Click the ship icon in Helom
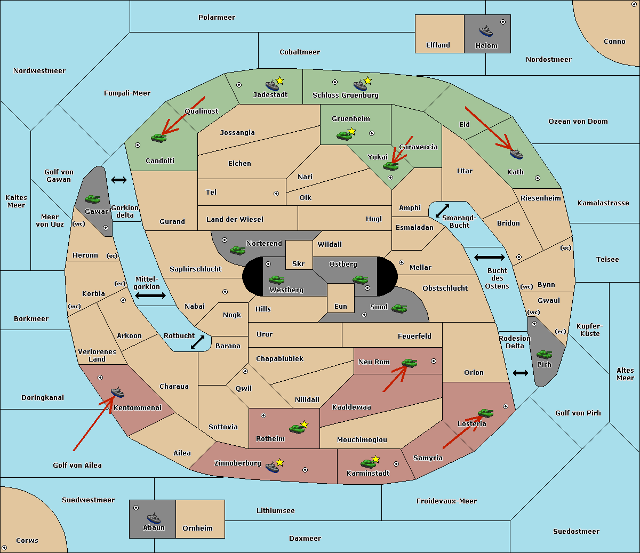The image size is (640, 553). [x=486, y=30]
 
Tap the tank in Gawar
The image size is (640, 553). [x=92, y=199]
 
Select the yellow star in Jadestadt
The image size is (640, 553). [x=279, y=81]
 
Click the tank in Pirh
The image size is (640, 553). [x=544, y=354]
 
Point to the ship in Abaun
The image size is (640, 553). [x=154, y=518]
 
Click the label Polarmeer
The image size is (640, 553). [x=217, y=18]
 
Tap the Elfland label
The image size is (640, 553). [x=438, y=45]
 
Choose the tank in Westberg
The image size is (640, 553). [x=276, y=279]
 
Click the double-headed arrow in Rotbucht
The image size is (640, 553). [x=197, y=342]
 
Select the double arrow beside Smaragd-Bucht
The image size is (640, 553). [x=442, y=211]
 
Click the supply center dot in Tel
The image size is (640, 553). [x=276, y=194]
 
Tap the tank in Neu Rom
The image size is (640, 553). [x=409, y=363]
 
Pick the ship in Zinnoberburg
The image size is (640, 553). [x=273, y=467]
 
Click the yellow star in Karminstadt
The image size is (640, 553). [x=375, y=459]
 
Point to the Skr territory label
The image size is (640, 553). [x=299, y=263]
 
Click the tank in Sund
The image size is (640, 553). [x=399, y=308]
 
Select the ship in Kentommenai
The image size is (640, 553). [x=117, y=391]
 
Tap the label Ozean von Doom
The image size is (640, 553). [x=578, y=122]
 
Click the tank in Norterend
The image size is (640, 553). [x=237, y=250]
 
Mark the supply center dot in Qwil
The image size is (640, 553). [x=245, y=371]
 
